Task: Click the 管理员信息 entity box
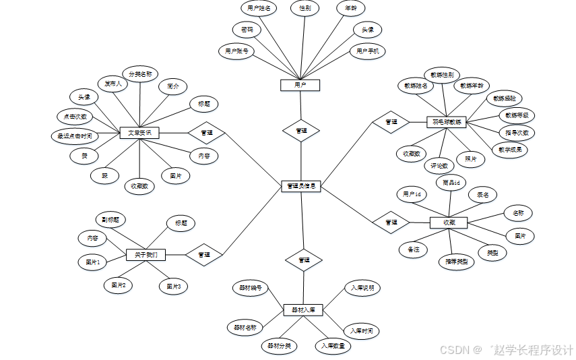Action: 300,185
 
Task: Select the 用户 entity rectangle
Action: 300,85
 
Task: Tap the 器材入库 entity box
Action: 303,310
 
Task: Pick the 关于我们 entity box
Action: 146,254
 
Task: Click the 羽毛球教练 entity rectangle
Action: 447,123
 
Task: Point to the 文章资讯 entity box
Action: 139,133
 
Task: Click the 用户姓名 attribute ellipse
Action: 259,8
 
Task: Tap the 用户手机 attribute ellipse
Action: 368,51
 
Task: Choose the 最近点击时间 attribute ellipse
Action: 75,136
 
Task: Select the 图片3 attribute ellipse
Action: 173,287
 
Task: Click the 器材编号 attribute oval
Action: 249,287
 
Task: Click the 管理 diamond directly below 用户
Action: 301,131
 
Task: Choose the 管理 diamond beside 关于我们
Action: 204,254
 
